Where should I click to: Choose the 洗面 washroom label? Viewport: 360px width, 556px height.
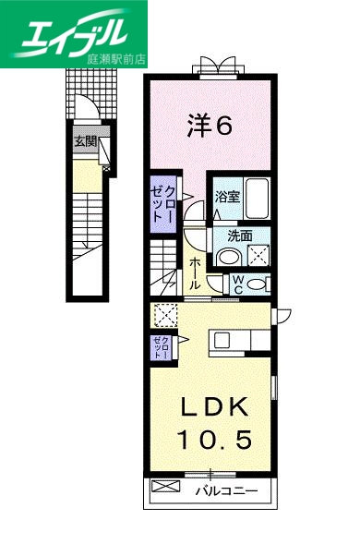[x=229, y=235]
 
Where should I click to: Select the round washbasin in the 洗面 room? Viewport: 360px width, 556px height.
[x=232, y=257]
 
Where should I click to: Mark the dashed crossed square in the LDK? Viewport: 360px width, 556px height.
[x=166, y=316]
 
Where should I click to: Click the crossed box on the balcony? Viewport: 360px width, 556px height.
[x=162, y=487]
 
